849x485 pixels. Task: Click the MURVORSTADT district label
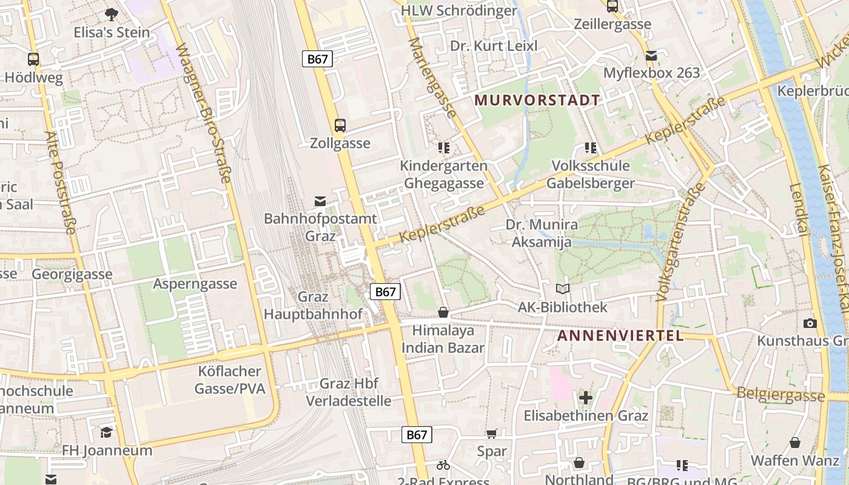point(537,100)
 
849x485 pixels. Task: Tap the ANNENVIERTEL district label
point(620,336)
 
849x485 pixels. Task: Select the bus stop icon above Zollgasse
point(340,125)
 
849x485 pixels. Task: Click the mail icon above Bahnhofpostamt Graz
point(320,201)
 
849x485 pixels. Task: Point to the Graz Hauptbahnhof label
point(313,306)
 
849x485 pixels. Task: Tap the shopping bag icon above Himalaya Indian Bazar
point(443,312)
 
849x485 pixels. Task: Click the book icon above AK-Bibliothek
point(563,289)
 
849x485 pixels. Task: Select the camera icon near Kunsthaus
point(810,323)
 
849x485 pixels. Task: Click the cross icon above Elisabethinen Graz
point(585,398)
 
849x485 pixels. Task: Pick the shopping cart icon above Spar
point(491,433)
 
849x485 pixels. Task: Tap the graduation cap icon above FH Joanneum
point(107,432)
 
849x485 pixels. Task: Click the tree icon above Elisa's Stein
point(111,14)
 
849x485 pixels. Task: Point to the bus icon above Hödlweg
point(33,59)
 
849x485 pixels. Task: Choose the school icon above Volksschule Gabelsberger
point(591,147)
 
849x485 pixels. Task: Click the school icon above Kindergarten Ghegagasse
point(444,147)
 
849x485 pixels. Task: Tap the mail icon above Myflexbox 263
point(651,56)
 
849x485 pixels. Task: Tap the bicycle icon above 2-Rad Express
point(443,465)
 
